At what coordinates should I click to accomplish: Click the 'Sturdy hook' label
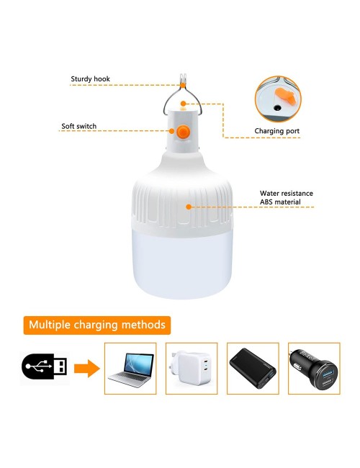coord(90,79)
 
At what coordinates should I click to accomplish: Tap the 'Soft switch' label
coord(78,127)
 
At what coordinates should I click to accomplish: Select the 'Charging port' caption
coord(277,131)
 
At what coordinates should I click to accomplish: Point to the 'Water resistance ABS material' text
coord(286,198)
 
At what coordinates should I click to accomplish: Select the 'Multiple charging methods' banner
coord(97,325)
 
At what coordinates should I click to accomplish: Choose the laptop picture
coord(130,367)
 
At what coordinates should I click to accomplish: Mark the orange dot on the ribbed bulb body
coord(189,206)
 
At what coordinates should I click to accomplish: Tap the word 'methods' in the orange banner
coord(145,325)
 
